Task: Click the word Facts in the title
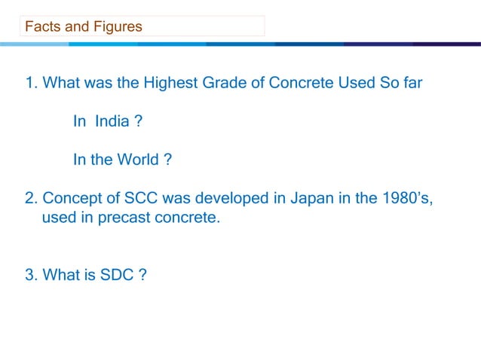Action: click(x=42, y=27)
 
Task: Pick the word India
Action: click(x=112, y=122)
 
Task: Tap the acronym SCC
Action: click(x=133, y=199)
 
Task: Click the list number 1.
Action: click(x=30, y=83)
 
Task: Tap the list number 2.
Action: click(x=30, y=199)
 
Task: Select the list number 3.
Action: click(x=30, y=275)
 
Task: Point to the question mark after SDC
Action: click(x=141, y=275)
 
